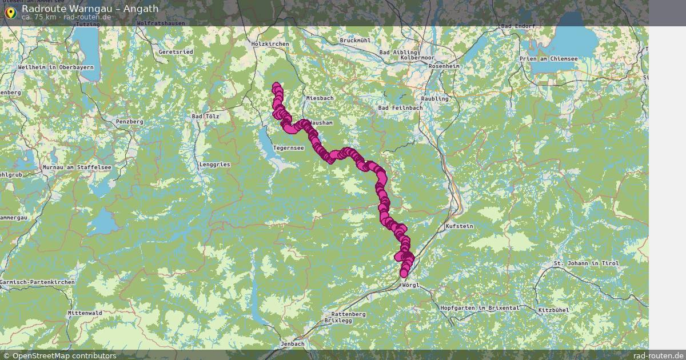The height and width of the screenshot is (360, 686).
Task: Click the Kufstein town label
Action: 459,226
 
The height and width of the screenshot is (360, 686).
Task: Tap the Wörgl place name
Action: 410,285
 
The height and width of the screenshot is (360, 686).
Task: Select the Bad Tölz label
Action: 205,117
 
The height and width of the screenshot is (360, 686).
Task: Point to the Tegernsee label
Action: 289,148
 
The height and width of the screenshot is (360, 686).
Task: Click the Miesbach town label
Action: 320,98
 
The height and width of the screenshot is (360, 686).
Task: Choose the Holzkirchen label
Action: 270,43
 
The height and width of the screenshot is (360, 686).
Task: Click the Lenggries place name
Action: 214,164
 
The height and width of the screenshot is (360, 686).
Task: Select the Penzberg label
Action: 129,122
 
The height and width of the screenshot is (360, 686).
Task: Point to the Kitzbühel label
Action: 553,310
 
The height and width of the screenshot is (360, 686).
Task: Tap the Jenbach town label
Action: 293,344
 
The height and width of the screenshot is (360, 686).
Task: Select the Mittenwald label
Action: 85,313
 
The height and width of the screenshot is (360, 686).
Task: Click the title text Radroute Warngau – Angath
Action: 90,9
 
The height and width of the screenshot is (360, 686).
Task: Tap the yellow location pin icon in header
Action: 10,12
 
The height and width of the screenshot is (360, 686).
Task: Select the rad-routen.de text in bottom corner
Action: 658,355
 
